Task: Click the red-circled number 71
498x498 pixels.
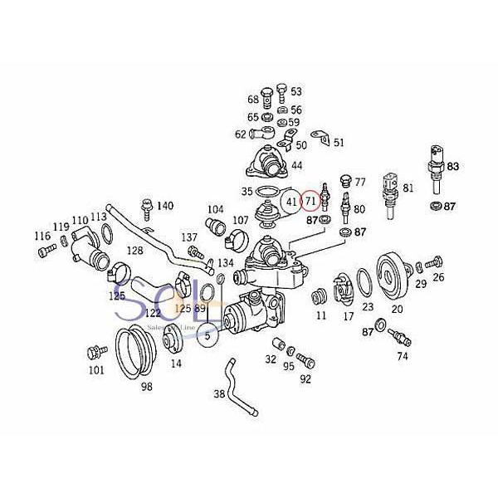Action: point(310,200)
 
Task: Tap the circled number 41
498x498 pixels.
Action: point(290,200)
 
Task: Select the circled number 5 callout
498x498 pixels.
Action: point(208,334)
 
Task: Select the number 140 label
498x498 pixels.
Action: point(165,205)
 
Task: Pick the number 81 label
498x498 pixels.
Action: point(408,188)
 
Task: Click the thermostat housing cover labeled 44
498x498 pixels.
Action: point(271,158)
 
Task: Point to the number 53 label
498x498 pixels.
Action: point(296,91)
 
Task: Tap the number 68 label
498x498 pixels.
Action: point(252,100)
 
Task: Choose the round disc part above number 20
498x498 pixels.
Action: point(393,274)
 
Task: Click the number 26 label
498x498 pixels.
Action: point(439,277)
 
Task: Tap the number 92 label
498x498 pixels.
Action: point(305,379)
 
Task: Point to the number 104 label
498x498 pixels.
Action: point(215,209)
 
